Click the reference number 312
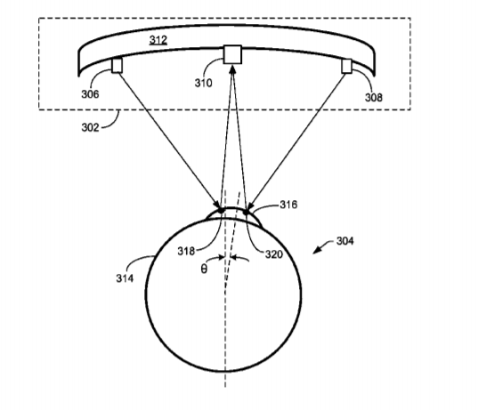coord(158,40)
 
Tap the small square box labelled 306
coord(117,66)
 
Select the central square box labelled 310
coord(232,55)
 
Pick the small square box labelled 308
coord(346,66)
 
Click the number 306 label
coord(90,94)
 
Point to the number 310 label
coord(203,83)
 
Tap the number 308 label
coord(374,98)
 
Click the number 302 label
coord(90,127)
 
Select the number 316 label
coord(288,205)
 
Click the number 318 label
coord(186,252)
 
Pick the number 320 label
coord(274,254)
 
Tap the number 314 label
coord(125,278)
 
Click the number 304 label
coord(345,241)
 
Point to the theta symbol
coord(204,269)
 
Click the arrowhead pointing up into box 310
coord(232,68)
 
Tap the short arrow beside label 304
coord(323,247)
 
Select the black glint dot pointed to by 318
coord(222,210)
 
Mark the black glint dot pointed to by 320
coord(246,212)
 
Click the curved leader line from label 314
coord(141,261)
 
